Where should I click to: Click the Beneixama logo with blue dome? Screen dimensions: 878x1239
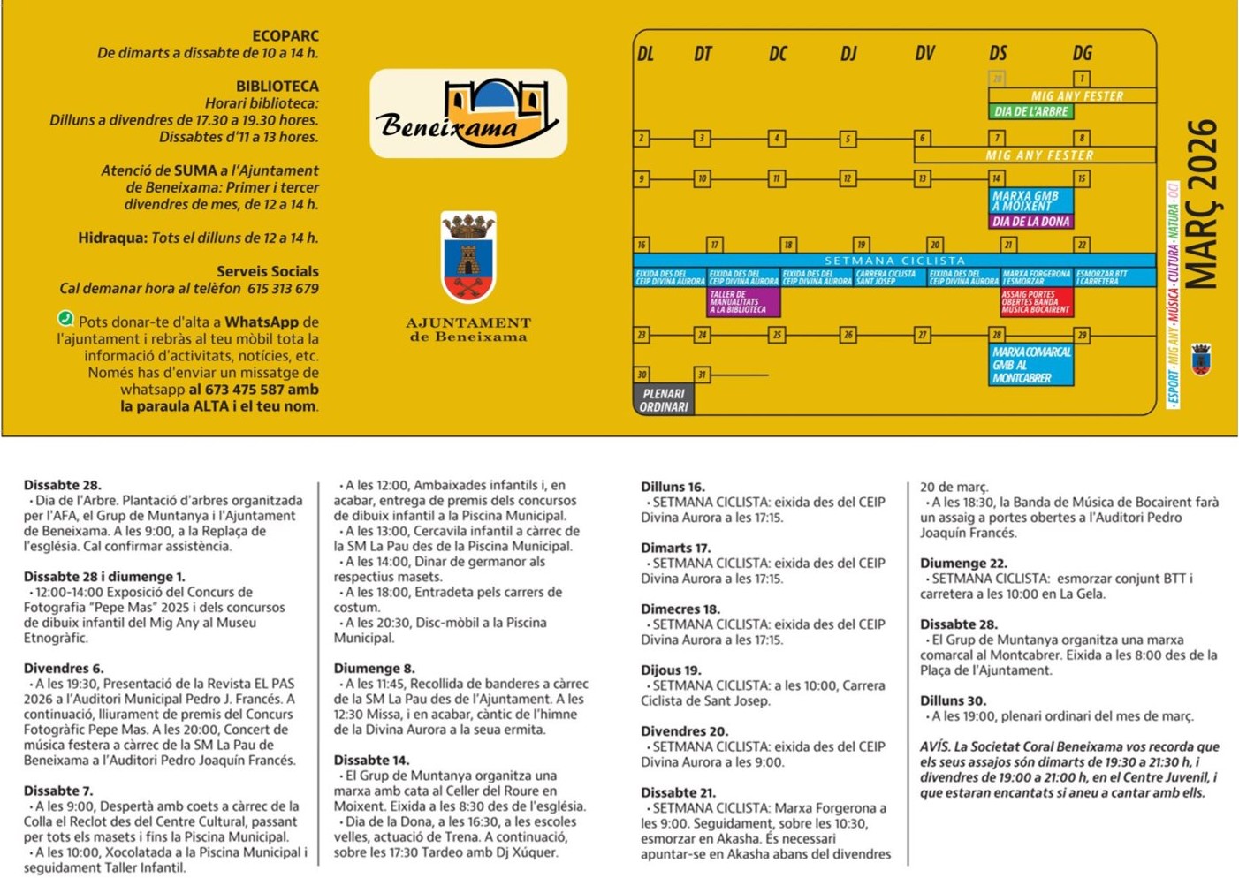click(468, 113)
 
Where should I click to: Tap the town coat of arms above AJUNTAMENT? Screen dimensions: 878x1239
click(468, 256)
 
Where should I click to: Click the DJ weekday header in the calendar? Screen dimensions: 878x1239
click(848, 54)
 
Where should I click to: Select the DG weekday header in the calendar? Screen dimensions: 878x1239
click(1083, 54)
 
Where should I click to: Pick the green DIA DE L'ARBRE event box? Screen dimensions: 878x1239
click(1030, 112)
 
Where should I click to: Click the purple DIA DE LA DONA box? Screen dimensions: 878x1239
click(1030, 222)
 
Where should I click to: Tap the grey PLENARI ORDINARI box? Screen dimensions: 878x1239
click(664, 400)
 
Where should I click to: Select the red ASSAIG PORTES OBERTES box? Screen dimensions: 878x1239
click(1036, 302)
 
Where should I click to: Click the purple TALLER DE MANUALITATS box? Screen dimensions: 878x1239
click(743, 302)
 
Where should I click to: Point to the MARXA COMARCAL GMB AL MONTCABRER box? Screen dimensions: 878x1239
click(1031, 365)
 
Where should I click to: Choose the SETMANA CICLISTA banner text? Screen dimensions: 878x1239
click(894, 261)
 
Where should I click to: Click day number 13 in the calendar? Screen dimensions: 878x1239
click(923, 178)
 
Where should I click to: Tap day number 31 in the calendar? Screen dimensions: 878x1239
click(702, 375)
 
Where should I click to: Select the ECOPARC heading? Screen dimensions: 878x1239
click(285, 36)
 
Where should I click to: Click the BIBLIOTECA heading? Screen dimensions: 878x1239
click(277, 87)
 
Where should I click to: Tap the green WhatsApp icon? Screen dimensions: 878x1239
click(65, 319)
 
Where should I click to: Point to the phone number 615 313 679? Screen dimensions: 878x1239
click(283, 289)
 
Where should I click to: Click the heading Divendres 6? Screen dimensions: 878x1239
click(64, 669)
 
